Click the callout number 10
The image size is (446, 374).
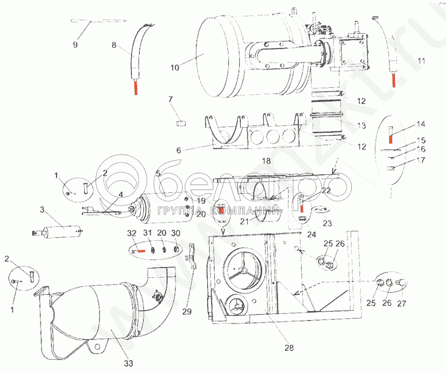coord(175,68)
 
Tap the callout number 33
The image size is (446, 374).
coord(128,364)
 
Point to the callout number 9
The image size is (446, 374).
coord(75,45)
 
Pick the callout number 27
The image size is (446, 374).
coord(401,303)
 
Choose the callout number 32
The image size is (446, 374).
coord(132,233)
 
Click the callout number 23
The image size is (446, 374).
coord(327,223)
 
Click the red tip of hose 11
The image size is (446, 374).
coord(393,79)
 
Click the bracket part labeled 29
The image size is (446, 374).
coord(189,257)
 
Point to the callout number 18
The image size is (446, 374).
coord(266,161)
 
